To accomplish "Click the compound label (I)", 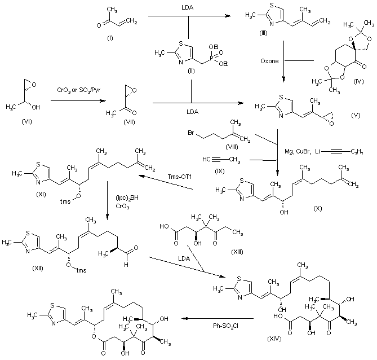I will pyautogui.click(x=108, y=41).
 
